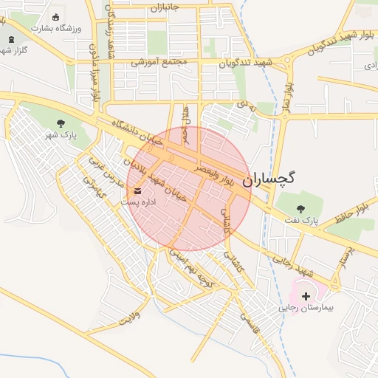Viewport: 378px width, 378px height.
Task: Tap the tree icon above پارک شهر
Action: pyautogui.click(x=61, y=123)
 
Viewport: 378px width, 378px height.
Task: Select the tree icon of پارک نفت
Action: pyautogui.click(x=300, y=208)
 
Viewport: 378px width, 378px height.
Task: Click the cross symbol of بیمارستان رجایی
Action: pyautogui.click(x=306, y=295)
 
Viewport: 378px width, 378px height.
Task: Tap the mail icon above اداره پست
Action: pyautogui.click(x=138, y=191)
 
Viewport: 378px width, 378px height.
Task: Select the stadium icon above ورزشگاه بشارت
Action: pyautogui.click(x=55, y=17)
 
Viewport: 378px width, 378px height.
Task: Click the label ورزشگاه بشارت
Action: pyautogui.click(x=56, y=28)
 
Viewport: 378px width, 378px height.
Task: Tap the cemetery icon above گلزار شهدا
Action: pyautogui.click(x=10, y=38)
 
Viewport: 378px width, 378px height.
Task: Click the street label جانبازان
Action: pyautogui.click(x=165, y=8)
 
